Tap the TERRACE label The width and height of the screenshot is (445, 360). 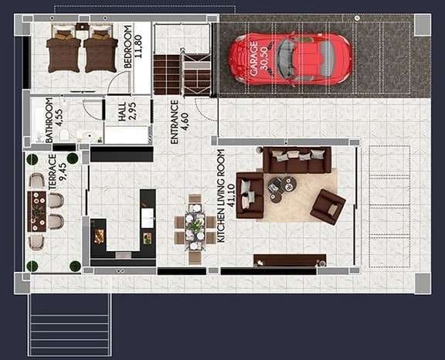click(53, 172)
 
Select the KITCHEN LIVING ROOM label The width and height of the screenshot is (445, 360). click(220, 196)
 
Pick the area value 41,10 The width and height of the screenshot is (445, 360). click(231, 196)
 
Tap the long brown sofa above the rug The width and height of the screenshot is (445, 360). click(297, 160)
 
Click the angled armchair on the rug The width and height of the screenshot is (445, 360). click(328, 206)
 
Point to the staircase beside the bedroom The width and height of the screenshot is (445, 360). click(182, 73)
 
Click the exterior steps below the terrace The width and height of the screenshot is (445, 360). click(70, 324)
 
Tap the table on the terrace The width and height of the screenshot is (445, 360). click(37, 211)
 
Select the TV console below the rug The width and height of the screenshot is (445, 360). click(289, 260)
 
